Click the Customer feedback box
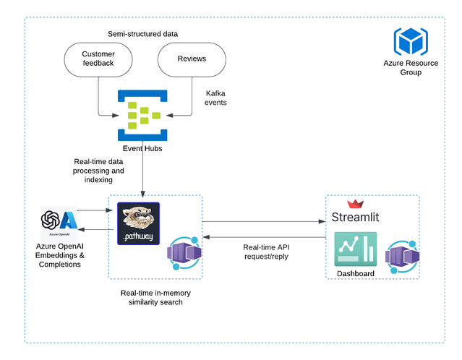coord(98,59)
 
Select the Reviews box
coord(192,59)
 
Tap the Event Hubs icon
coord(143,116)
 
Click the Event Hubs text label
coord(142,148)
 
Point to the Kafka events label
coord(215,98)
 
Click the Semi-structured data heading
coord(142,34)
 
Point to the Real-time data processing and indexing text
coord(98,171)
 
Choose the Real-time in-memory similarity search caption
coord(157,297)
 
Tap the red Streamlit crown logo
coord(355,205)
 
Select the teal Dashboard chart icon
coord(355,249)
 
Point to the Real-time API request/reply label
coord(265,252)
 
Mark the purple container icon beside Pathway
coord(184,255)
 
